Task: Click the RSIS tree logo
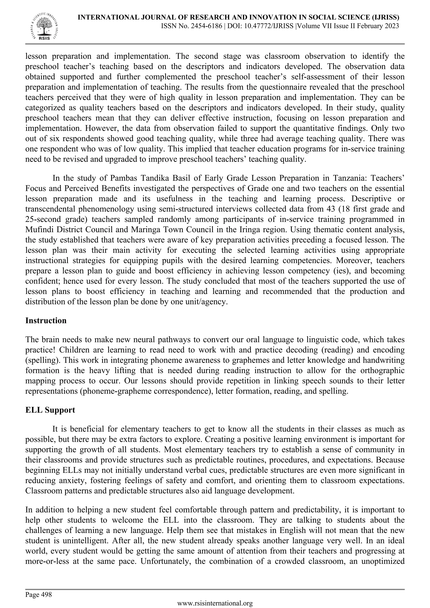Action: (44, 26)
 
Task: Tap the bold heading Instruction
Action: (46, 320)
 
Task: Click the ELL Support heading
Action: (50, 410)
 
